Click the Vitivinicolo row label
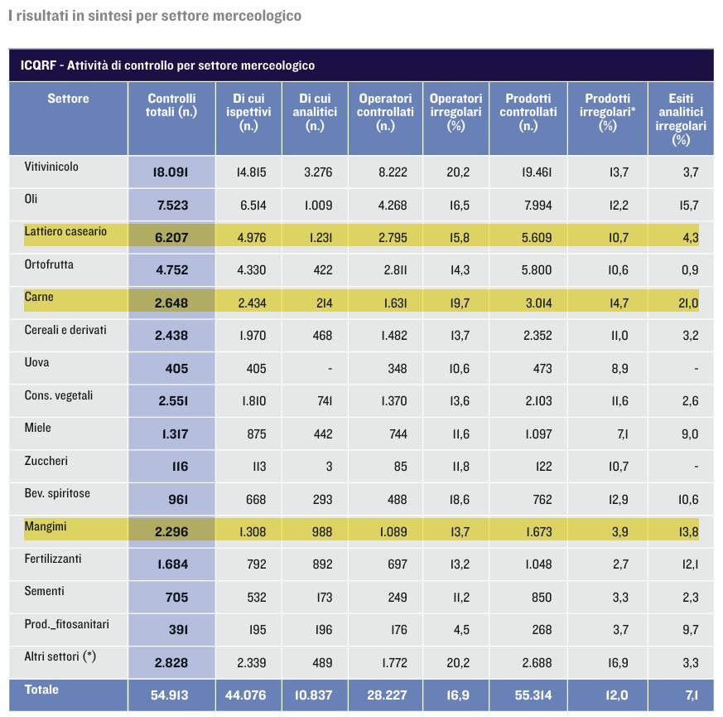(x=51, y=167)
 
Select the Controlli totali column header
(x=171, y=105)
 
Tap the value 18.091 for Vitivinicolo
(x=171, y=172)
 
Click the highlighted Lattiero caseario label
(x=65, y=231)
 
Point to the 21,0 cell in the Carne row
(x=688, y=303)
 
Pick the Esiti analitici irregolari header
(x=681, y=119)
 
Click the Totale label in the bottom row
(x=41, y=690)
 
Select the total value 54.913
(x=169, y=695)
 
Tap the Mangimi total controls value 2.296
(x=171, y=531)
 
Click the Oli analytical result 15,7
(x=689, y=206)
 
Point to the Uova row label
(x=36, y=362)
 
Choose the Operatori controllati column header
(x=385, y=112)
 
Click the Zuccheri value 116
(x=180, y=467)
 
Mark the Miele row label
(x=37, y=428)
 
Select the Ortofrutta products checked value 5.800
(x=537, y=270)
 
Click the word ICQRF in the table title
(x=38, y=65)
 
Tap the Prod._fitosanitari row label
(x=66, y=624)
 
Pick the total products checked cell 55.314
(x=533, y=695)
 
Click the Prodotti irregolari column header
(x=607, y=112)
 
